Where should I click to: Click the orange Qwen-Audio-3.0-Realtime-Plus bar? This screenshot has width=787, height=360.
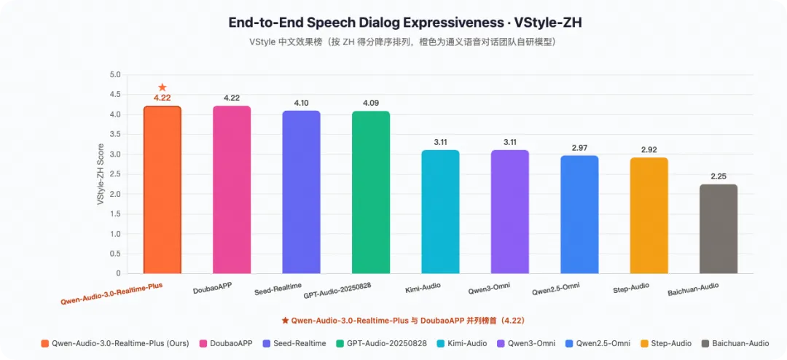[x=162, y=189]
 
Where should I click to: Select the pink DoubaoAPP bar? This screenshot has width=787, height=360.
[x=232, y=189]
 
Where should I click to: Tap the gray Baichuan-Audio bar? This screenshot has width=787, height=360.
[x=719, y=229]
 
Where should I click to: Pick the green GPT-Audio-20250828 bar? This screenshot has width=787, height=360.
[x=371, y=192]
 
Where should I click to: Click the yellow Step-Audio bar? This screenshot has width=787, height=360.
[x=649, y=216]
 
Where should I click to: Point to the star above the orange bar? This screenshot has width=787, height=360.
[x=162, y=87]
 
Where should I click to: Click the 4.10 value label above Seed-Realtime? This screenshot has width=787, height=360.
[x=301, y=103]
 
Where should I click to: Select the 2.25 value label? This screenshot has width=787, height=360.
[x=719, y=176]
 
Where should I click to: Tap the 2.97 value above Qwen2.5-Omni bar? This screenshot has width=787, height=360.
[x=579, y=148]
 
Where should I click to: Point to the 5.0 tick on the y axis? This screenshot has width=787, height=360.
[x=115, y=75]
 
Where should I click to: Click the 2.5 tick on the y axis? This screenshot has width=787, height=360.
[x=115, y=174]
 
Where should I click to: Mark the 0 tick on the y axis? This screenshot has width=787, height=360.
[x=119, y=273]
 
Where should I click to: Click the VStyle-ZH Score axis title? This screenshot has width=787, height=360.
[x=101, y=174]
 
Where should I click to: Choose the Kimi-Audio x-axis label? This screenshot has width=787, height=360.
[x=423, y=288]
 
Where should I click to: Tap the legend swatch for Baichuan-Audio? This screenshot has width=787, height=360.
[x=705, y=343]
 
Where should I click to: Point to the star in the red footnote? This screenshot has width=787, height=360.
[x=285, y=320]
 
